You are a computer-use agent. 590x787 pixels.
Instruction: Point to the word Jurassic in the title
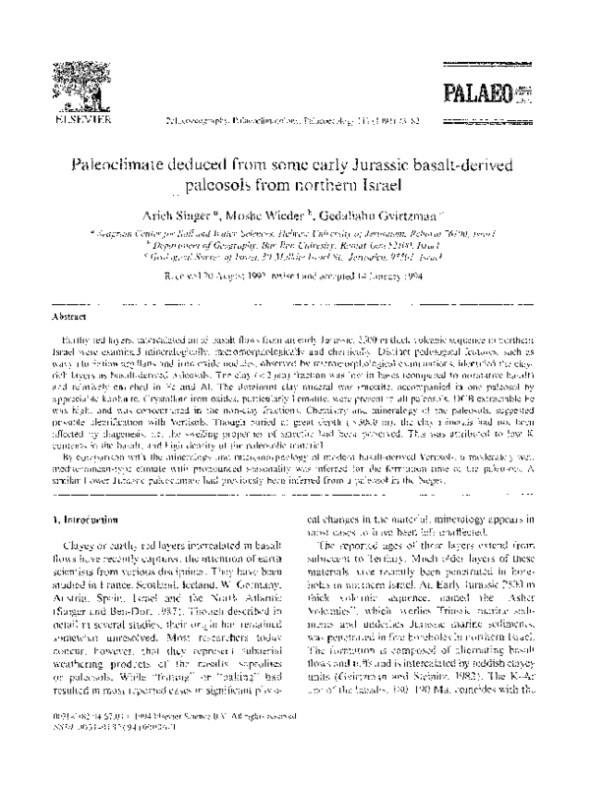[383, 166]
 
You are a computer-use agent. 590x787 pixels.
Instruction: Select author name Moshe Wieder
[281, 212]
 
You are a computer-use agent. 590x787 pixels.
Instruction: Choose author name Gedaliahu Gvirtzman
[381, 212]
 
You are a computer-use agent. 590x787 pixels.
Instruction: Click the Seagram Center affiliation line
[296, 231]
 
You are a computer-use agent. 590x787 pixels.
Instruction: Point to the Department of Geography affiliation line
[296, 242]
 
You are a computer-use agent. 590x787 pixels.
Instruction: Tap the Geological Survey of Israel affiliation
[296, 253]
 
